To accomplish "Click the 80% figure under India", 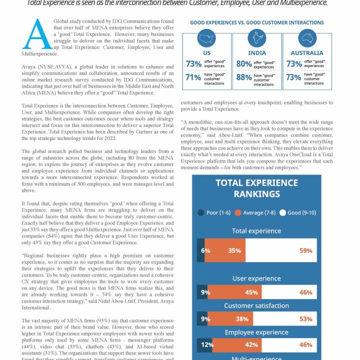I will (x=244, y=64).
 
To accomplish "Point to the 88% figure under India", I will (x=244, y=77).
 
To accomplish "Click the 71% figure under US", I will (x=193, y=77).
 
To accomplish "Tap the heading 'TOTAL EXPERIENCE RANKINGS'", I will (x=256, y=188).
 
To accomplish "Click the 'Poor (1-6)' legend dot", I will (x=201, y=212).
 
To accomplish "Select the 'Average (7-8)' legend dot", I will (x=238, y=212).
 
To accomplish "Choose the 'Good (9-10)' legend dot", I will (x=282, y=212).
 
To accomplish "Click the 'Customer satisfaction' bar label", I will (x=256, y=305).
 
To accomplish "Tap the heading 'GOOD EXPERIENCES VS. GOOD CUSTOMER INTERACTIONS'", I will (x=256, y=22).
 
